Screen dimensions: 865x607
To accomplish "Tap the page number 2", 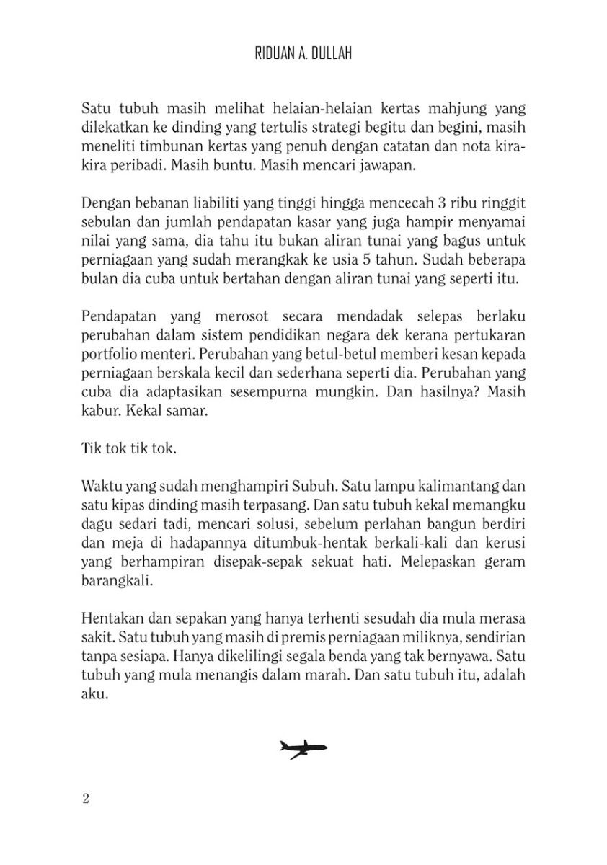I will [x=85, y=798].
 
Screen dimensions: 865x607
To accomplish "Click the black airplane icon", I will [x=303, y=749].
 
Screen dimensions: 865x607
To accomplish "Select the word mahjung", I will [x=429, y=110].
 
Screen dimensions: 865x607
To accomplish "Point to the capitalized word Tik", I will [x=91, y=448].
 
